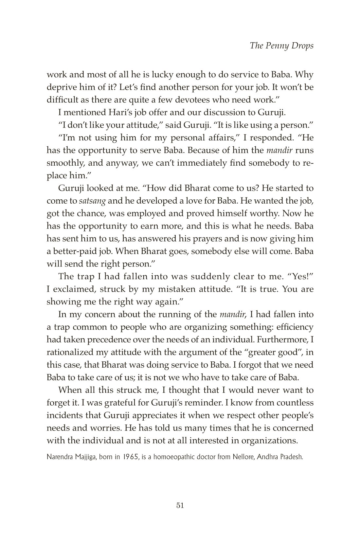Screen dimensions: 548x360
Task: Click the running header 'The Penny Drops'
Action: click(281, 46)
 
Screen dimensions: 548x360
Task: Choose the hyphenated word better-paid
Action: click(71, 251)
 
